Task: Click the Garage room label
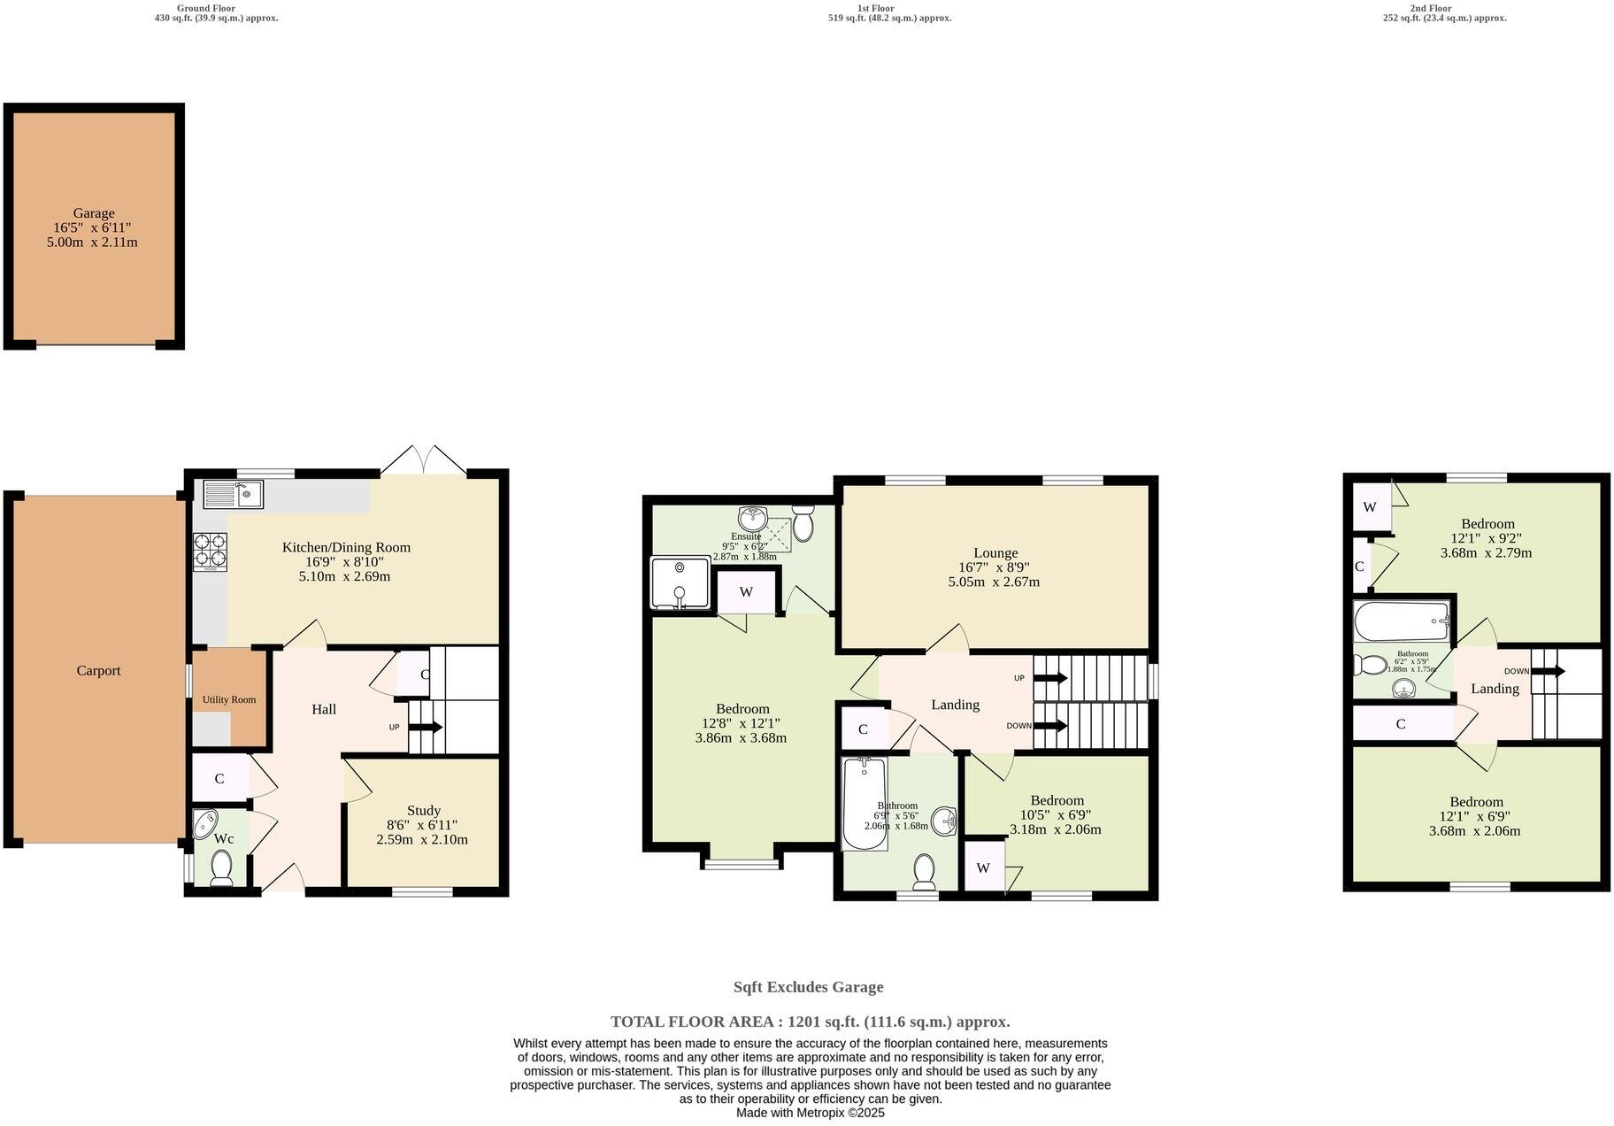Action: tap(94, 213)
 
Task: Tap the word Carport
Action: tap(98, 670)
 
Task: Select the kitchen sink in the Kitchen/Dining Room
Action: tap(234, 494)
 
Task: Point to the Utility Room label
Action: tap(229, 699)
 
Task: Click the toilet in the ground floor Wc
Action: tap(221, 867)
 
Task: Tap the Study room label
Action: tap(423, 810)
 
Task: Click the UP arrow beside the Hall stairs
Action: tap(426, 728)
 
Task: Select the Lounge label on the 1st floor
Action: tap(995, 552)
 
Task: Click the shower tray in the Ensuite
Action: tap(680, 583)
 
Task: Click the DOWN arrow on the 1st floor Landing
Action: tap(1051, 726)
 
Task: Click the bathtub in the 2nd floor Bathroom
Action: tap(1402, 621)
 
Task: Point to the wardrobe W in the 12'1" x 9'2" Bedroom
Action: tap(1370, 507)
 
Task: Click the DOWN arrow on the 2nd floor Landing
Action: tap(1548, 671)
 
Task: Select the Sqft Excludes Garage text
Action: tap(808, 987)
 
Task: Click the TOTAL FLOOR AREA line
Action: tap(810, 1022)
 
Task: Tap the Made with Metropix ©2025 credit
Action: tap(810, 1113)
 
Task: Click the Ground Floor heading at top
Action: tap(206, 8)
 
